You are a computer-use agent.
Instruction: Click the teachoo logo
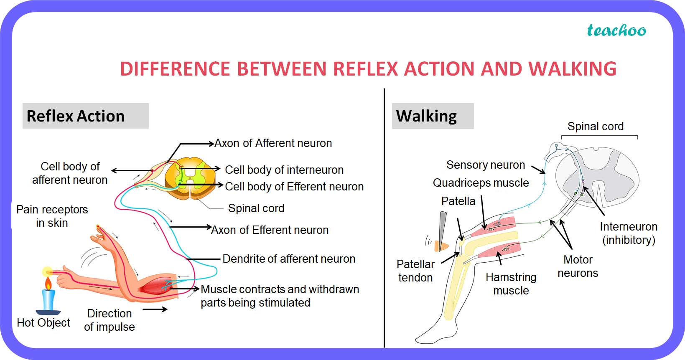(616, 30)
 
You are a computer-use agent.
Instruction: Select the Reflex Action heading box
(85, 116)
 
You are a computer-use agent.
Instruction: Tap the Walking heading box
(432, 116)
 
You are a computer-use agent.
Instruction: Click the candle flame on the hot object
(48, 284)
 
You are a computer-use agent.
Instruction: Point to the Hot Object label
(43, 323)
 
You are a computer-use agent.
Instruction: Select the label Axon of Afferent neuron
(273, 143)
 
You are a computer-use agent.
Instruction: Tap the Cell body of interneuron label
(284, 170)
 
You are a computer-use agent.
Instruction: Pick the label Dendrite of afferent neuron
(289, 259)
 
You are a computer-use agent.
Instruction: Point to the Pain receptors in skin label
(52, 216)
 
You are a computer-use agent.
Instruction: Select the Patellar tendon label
(415, 271)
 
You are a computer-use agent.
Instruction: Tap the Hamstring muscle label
(511, 284)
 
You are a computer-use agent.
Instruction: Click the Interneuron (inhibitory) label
(628, 233)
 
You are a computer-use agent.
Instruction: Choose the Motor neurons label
(578, 266)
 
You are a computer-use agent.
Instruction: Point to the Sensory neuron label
(485, 165)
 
